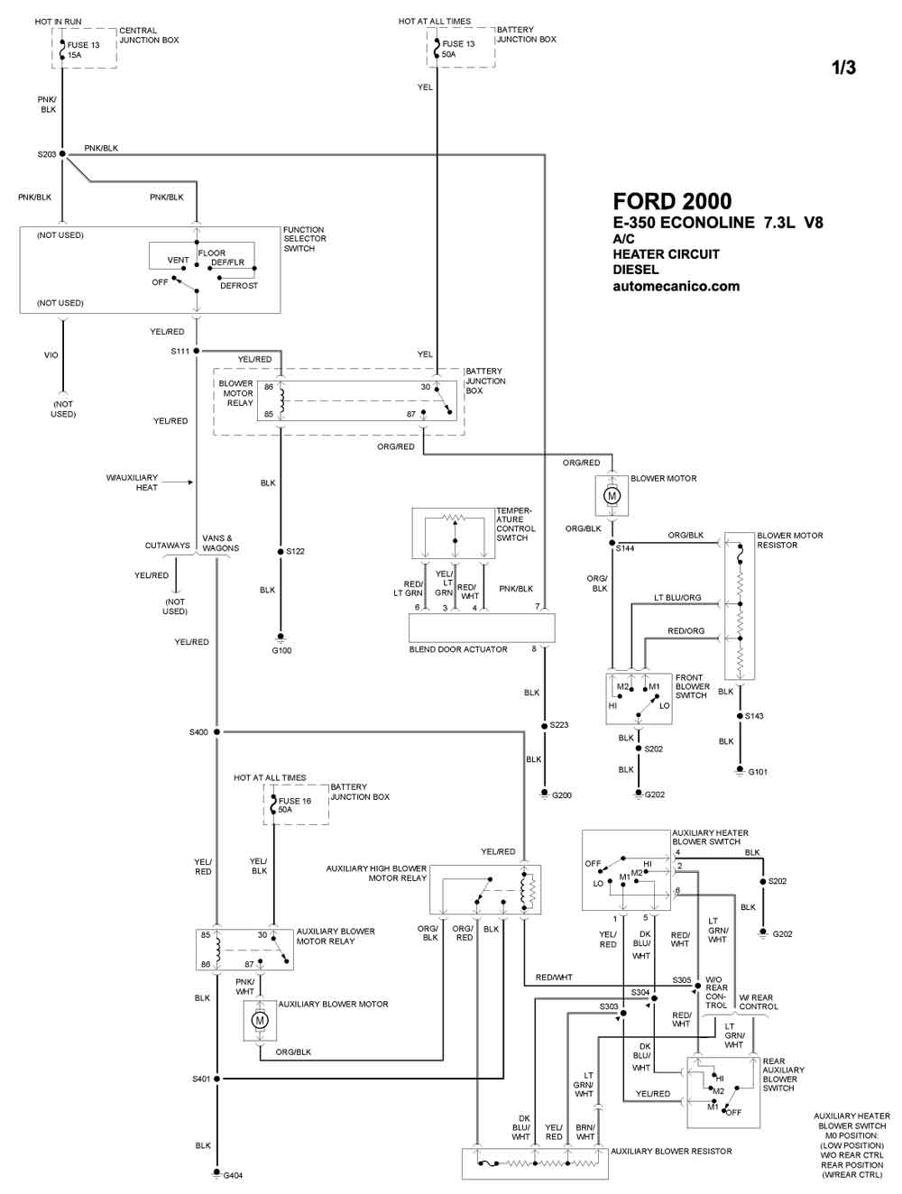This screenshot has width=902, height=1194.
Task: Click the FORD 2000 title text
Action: point(672,202)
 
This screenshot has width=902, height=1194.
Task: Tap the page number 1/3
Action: point(843,68)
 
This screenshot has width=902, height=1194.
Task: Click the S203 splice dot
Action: point(62,154)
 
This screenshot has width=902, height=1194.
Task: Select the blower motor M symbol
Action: point(612,496)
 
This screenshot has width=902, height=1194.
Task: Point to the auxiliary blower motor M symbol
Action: point(260,1021)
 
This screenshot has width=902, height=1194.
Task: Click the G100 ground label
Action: point(281,650)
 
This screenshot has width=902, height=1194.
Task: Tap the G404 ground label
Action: point(233,1175)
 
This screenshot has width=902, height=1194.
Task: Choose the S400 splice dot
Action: point(216,732)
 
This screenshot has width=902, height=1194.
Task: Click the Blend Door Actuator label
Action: point(458,649)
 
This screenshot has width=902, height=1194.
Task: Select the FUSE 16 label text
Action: point(295,801)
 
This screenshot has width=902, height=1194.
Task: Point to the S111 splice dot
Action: point(197,351)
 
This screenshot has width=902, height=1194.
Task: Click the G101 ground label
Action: point(758,772)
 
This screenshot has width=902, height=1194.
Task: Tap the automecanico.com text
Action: point(676,286)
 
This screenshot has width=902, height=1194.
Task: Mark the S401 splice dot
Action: point(216,1079)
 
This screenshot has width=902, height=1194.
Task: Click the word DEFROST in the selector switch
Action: point(239,286)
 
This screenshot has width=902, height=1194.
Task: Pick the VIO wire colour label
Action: point(51,355)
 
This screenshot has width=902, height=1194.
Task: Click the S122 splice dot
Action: point(281,552)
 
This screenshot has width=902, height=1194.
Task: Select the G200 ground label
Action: point(562,795)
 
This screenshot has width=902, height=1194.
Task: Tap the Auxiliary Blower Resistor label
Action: point(671,1151)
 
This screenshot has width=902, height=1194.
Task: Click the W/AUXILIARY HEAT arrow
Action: point(178,482)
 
